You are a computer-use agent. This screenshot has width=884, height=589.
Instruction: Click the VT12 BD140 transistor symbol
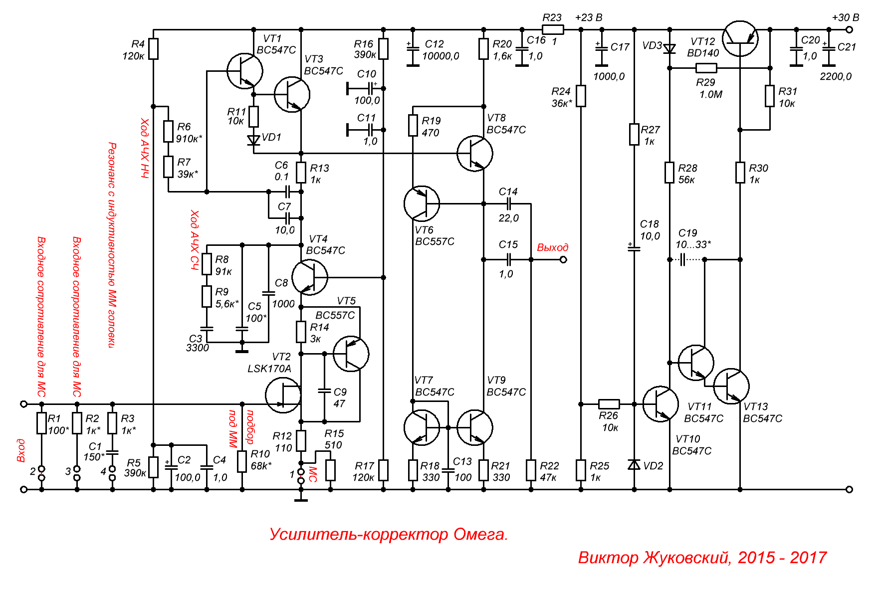[740, 39]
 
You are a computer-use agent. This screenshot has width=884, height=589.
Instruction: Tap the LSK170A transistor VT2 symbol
[283, 395]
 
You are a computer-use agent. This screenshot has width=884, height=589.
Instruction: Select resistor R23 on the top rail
[552, 29]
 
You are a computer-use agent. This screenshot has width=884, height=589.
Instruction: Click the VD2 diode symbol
[634, 465]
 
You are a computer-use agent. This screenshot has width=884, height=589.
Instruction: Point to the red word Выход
[552, 247]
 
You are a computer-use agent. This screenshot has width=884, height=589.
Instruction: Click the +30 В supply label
[845, 17]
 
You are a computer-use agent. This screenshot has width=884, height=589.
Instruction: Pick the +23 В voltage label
[589, 17]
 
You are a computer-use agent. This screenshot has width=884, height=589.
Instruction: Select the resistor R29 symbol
[706, 68]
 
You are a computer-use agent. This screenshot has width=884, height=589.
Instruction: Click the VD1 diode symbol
[254, 140]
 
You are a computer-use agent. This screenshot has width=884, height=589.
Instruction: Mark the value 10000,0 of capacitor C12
[441, 56]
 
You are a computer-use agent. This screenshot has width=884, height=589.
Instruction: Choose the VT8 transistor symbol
[475, 153]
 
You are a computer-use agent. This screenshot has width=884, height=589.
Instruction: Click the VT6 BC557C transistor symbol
[422, 203]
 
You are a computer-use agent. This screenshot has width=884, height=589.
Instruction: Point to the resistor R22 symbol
[531, 470]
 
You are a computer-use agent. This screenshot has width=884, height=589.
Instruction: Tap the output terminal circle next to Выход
[563, 259]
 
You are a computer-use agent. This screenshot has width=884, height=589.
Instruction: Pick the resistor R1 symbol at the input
[41, 423]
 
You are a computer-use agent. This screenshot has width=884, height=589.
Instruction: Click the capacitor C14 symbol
[509, 203]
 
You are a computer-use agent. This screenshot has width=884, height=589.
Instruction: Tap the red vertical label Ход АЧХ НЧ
[144, 148]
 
